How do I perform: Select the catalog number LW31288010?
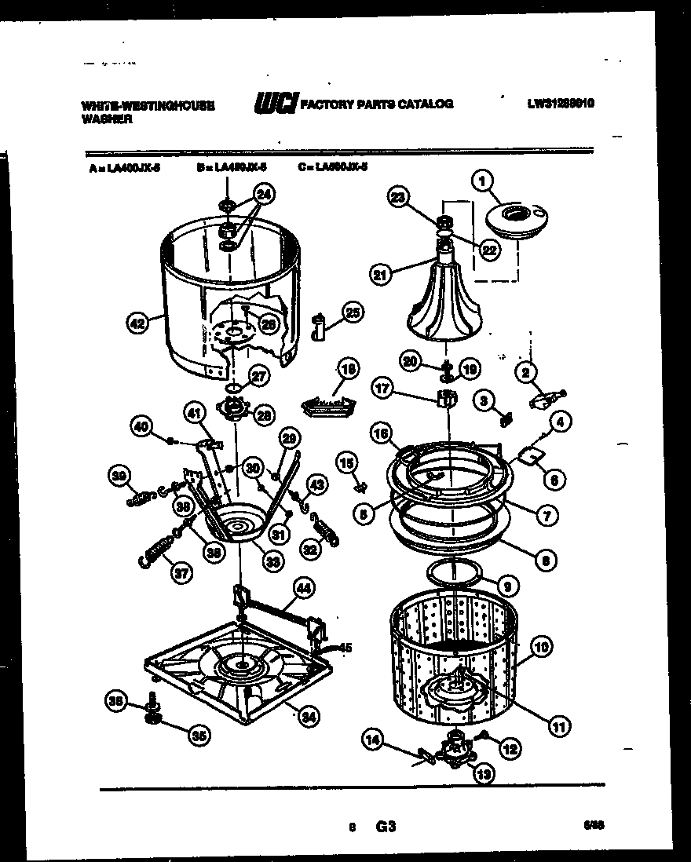click(560, 103)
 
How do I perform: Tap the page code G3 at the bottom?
click(385, 827)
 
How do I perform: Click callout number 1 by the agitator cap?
click(481, 182)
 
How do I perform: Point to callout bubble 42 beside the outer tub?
click(138, 320)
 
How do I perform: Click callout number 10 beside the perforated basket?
click(542, 648)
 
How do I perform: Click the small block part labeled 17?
click(445, 398)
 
